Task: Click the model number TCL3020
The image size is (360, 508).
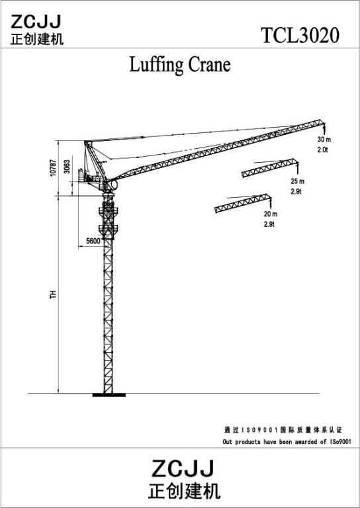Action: click(x=300, y=35)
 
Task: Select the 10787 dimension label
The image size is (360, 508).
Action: click(x=53, y=167)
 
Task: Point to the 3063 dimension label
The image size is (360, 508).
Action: click(x=67, y=167)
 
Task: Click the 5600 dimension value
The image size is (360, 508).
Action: click(x=93, y=241)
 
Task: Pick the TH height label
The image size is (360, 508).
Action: click(x=53, y=294)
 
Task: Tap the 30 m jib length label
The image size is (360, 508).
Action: click(x=324, y=140)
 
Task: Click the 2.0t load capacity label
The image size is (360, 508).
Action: click(x=323, y=149)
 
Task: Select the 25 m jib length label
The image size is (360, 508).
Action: click(x=297, y=181)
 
